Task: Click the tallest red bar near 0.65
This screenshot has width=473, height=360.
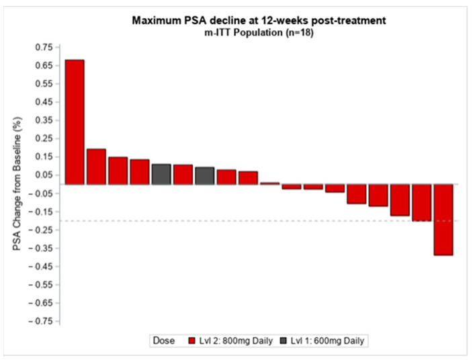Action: [x=74, y=122]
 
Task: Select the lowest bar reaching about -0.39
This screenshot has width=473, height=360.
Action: [x=443, y=220]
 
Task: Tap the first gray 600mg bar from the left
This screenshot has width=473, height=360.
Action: [x=161, y=174]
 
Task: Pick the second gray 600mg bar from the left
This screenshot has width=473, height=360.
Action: [x=205, y=175]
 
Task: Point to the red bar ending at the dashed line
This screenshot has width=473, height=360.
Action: [x=421, y=202]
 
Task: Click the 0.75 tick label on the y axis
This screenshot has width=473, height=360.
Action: [x=43, y=47]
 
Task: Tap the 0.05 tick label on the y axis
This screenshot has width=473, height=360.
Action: [x=43, y=175]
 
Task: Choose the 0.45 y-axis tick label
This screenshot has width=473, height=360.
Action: [x=43, y=102]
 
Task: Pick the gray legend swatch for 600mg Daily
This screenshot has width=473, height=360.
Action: [x=283, y=341]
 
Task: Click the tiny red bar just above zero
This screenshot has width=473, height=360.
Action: [x=270, y=183]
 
